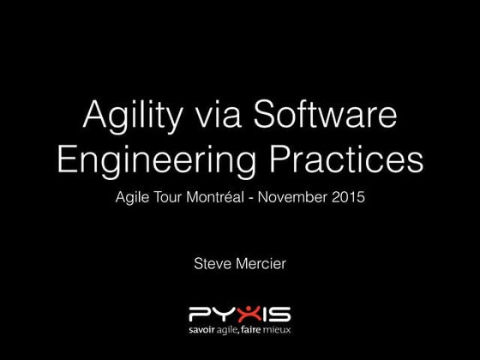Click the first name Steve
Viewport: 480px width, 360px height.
(x=213, y=263)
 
